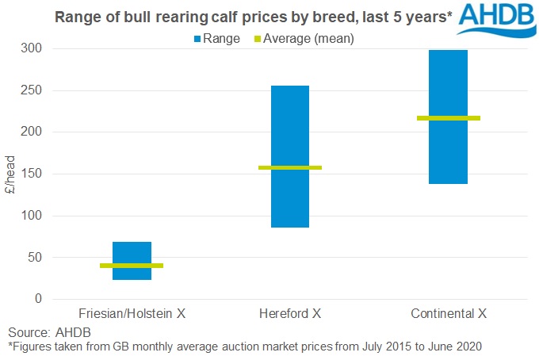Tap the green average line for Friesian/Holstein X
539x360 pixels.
[x=132, y=266]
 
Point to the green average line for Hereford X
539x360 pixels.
[x=290, y=167]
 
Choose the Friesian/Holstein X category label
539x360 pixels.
[x=132, y=314]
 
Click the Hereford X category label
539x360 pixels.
[x=290, y=314]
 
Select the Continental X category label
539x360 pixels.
[x=449, y=314]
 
